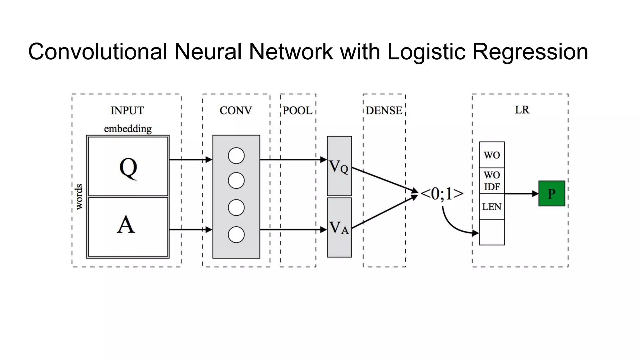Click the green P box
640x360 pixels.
point(552,193)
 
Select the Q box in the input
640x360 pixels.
point(128,167)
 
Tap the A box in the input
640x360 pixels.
point(128,227)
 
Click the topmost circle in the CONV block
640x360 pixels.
point(236,156)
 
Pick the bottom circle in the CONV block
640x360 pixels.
point(236,235)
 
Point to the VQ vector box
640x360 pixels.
point(339,166)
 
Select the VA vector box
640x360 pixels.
point(339,227)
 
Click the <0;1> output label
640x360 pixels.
point(442,194)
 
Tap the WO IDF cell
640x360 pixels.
point(492,181)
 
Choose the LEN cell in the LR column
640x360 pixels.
point(492,207)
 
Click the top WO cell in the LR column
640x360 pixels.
point(492,155)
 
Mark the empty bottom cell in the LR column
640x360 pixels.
point(492,232)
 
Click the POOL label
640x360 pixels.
point(297,110)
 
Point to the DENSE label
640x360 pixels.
point(384,110)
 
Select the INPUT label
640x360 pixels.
point(127,110)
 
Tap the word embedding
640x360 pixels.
point(128,129)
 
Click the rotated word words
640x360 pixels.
point(79,197)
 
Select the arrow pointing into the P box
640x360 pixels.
point(521,194)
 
